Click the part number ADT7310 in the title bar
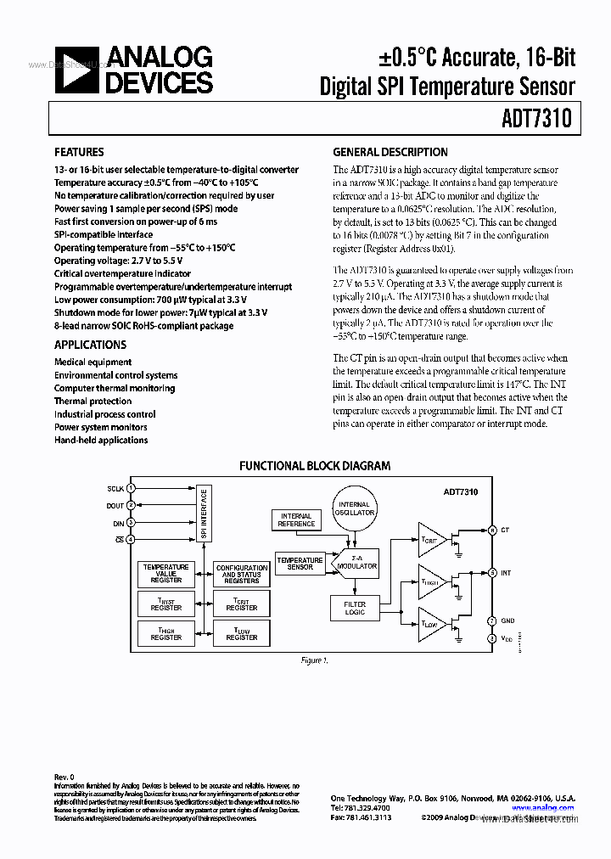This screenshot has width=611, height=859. [x=541, y=120]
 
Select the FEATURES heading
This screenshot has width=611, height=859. [x=79, y=153]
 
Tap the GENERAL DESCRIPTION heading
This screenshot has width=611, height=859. [x=390, y=153]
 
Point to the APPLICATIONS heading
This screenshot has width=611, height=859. [x=90, y=345]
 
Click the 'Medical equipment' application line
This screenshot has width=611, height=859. [x=92, y=362]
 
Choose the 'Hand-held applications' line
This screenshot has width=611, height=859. [x=101, y=441]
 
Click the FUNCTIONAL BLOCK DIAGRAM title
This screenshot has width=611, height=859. [x=315, y=466]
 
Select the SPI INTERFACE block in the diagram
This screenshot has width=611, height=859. [x=204, y=514]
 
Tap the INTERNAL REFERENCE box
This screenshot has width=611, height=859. [x=296, y=520]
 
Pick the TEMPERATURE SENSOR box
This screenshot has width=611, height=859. [x=300, y=564]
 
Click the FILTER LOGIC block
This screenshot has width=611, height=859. [x=355, y=609]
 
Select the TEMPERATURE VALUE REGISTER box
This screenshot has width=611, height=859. [x=166, y=573]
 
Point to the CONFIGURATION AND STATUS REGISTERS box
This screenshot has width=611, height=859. [x=242, y=575]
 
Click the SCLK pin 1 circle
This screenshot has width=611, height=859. [x=132, y=489]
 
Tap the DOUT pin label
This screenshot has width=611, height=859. [x=115, y=506]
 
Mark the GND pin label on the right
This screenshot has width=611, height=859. [x=506, y=621]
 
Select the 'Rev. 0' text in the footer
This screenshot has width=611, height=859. [x=64, y=777]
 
